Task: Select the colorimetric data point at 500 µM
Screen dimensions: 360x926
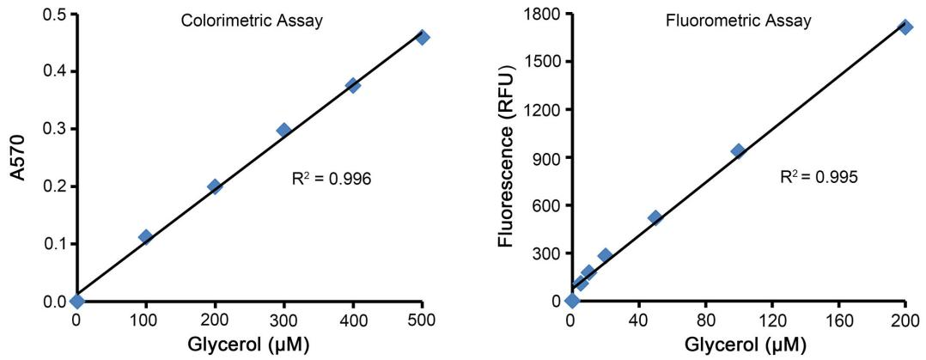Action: (x=422, y=37)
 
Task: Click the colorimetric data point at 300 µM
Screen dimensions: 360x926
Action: (x=283, y=130)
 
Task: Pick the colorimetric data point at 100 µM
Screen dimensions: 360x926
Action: (x=145, y=236)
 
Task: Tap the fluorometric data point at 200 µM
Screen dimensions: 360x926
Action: (x=905, y=27)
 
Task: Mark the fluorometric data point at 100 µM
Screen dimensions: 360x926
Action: (x=737, y=151)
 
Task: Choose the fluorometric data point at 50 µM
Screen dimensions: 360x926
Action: (x=655, y=217)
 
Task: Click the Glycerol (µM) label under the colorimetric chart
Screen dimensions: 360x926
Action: (x=249, y=345)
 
